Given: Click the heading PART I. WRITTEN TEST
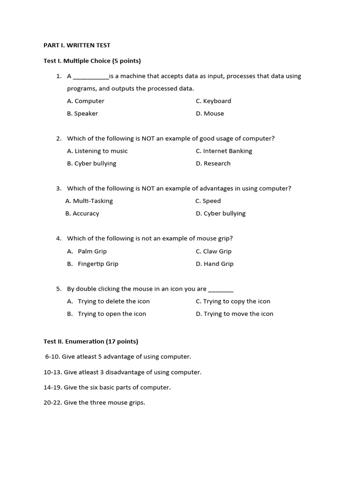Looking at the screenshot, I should (x=77, y=45).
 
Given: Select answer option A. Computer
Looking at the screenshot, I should (x=86, y=101).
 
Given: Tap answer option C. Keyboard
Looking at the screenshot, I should (x=213, y=101).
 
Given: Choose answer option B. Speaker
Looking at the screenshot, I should (x=82, y=114).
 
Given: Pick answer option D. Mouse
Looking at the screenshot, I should (x=210, y=114).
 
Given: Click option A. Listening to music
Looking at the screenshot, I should (x=97, y=151).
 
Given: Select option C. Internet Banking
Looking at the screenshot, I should (x=224, y=151).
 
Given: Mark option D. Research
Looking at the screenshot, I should (x=213, y=164).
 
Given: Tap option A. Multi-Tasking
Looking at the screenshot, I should (x=89, y=201).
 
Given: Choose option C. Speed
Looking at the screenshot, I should (x=208, y=201).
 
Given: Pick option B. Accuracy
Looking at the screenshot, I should (x=82, y=214).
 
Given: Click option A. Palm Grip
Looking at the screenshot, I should (x=87, y=252).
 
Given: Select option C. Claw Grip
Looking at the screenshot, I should (x=214, y=252).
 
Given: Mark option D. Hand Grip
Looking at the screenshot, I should (x=215, y=264).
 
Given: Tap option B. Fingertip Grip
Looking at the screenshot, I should (x=93, y=264).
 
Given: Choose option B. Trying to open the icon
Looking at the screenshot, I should (x=107, y=314).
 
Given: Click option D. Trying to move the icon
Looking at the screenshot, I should (x=234, y=314).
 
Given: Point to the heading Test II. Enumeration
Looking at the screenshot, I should (x=91, y=342).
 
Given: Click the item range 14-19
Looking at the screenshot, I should (x=52, y=388).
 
